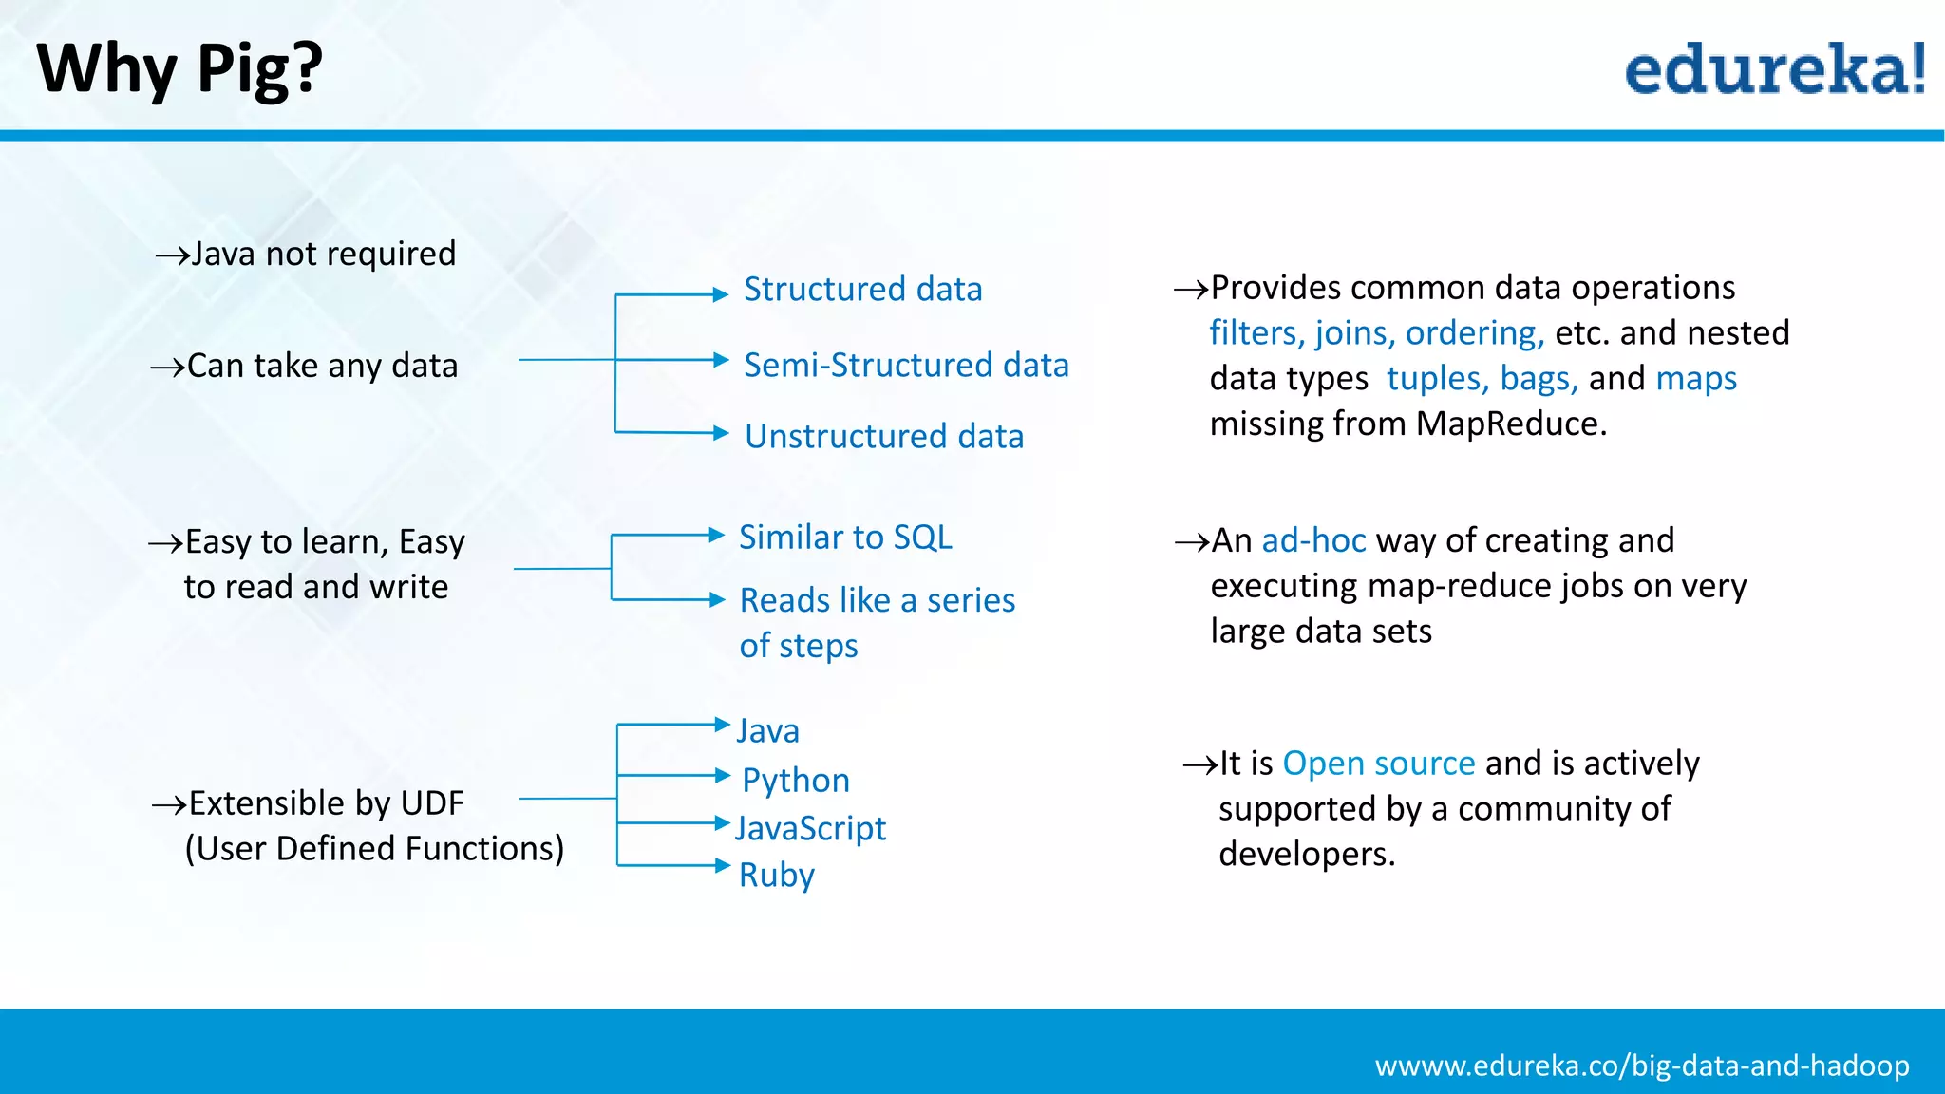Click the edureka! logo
click(x=1774, y=70)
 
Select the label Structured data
click(x=862, y=289)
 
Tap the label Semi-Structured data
click(x=906, y=365)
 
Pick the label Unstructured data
click(x=884, y=436)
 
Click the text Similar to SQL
click(x=845, y=538)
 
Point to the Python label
click(x=796, y=781)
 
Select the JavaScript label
click(x=810, y=828)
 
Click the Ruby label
click(x=777, y=875)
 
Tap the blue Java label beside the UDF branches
click(x=768, y=731)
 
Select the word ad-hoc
click(x=1313, y=540)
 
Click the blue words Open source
click(x=1378, y=764)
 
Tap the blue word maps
click(x=1696, y=379)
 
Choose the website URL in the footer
click(x=1642, y=1066)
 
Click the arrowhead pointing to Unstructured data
click(x=721, y=434)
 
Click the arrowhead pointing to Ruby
click(x=722, y=865)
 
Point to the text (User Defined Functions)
click(x=374, y=848)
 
